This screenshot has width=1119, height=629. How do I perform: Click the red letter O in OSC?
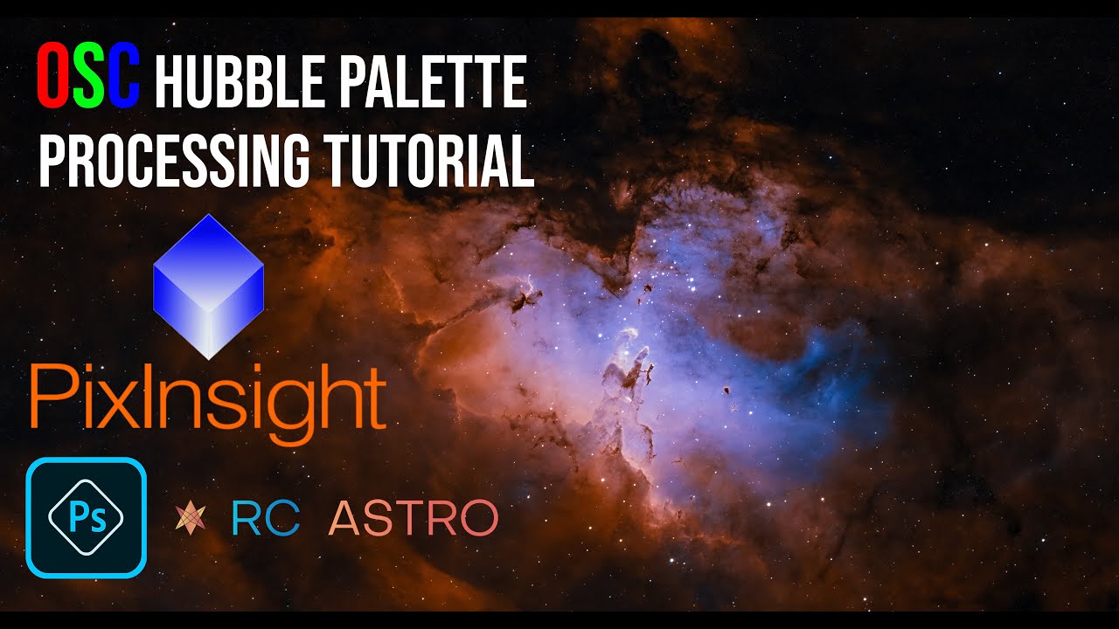pyautogui.click(x=54, y=78)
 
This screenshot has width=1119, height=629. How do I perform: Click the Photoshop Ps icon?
pyautogui.click(x=86, y=517)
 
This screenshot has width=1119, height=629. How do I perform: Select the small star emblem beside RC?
pyautogui.click(x=190, y=517)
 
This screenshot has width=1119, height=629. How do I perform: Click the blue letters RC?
pyautogui.click(x=265, y=517)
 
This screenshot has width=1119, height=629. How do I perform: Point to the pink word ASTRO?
pyautogui.click(x=414, y=517)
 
